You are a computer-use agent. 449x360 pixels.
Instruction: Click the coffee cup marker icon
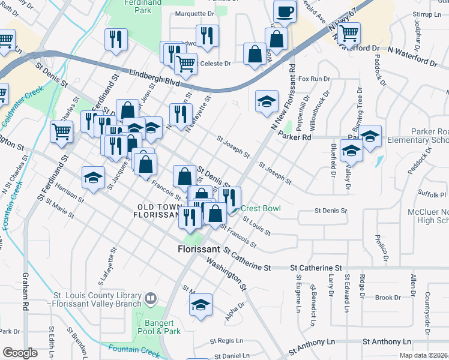click(285, 11)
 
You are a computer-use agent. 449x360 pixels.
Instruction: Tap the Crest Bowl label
click(261, 208)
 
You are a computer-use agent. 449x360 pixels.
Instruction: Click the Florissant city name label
click(199, 248)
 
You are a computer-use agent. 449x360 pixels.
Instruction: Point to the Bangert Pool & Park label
click(162, 327)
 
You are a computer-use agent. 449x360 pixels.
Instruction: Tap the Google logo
click(20, 353)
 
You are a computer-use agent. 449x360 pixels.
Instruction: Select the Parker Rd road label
click(297, 137)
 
